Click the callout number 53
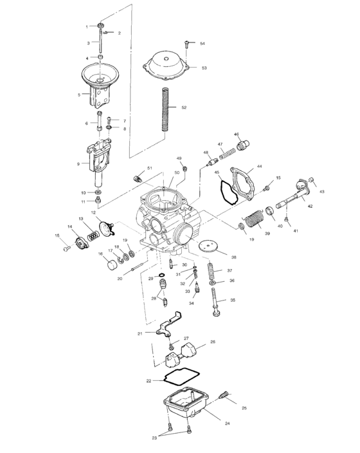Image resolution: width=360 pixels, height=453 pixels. pyautogui.click(x=204, y=68)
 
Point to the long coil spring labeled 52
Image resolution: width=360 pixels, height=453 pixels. pyautogui.click(x=165, y=109)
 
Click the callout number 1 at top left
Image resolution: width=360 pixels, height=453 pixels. pyautogui.click(x=87, y=26)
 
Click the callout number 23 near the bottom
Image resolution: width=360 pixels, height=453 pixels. pyautogui.click(x=154, y=438)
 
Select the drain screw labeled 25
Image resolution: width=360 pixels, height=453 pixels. pyautogui.click(x=225, y=396)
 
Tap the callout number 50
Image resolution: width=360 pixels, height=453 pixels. pyautogui.click(x=177, y=173)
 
